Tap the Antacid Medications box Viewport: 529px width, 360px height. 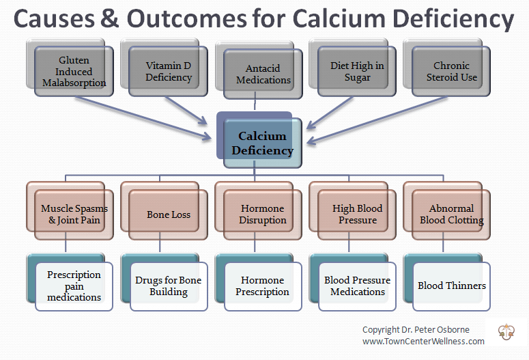pyautogui.click(x=263, y=74)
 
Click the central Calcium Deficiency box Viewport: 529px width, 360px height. pyautogui.click(x=262, y=143)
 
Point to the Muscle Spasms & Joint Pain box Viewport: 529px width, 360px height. pyautogui.click(x=74, y=214)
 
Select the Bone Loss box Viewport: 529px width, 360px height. pyautogui.click(x=169, y=214)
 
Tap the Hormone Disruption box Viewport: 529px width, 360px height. pyautogui.click(x=263, y=214)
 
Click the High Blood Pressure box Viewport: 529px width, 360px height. pyautogui.click(x=357, y=214)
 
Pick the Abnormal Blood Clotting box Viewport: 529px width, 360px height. pyautogui.click(x=451, y=214)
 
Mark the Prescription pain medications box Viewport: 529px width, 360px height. pyautogui.click(x=74, y=286)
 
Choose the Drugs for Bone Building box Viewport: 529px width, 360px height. pyautogui.click(x=169, y=286)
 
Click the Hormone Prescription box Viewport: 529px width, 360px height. pyautogui.click(x=263, y=286)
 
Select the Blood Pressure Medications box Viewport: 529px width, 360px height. pyautogui.click(x=357, y=286)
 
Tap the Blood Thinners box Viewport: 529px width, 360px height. pyautogui.click(x=451, y=286)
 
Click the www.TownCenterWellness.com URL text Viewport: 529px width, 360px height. pyautogui.click(x=423, y=341)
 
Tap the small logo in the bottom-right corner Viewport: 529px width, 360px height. pyautogui.click(x=506, y=331)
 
